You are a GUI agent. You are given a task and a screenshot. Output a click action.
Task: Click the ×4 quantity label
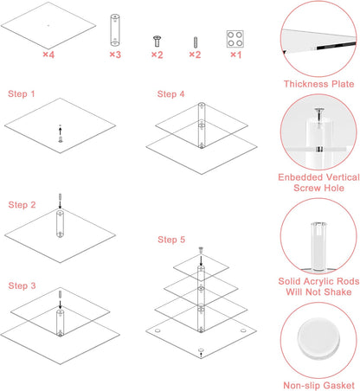[x=48, y=54]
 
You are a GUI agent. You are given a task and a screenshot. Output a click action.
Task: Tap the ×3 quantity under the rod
[x=115, y=54]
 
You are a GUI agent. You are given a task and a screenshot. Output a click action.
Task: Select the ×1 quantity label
[x=235, y=54]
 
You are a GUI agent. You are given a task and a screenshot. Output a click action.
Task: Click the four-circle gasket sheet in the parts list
[x=235, y=39]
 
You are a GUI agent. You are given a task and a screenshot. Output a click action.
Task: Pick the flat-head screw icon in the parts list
[x=157, y=41]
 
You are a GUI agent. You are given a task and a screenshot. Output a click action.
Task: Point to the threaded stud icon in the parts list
[x=196, y=42]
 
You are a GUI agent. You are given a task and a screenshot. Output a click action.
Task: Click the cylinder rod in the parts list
[x=115, y=29]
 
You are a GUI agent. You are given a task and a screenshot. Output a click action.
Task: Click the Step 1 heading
[x=22, y=93]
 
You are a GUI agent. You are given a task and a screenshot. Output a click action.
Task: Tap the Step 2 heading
[x=22, y=205]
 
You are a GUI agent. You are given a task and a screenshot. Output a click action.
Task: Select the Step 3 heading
[x=22, y=285]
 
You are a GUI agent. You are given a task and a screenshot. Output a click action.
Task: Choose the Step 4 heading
[x=170, y=94]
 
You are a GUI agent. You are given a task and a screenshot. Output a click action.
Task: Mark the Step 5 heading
[x=171, y=240]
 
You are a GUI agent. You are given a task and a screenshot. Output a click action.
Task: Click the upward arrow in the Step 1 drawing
[x=60, y=131]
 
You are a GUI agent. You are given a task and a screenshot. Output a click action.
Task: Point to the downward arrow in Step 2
[x=60, y=205]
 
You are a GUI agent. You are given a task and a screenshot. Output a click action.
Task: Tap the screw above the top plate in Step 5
[x=201, y=250]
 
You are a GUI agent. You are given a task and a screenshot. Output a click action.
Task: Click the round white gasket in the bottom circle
[x=318, y=339]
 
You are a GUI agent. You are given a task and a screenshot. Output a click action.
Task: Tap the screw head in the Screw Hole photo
[x=319, y=110]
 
